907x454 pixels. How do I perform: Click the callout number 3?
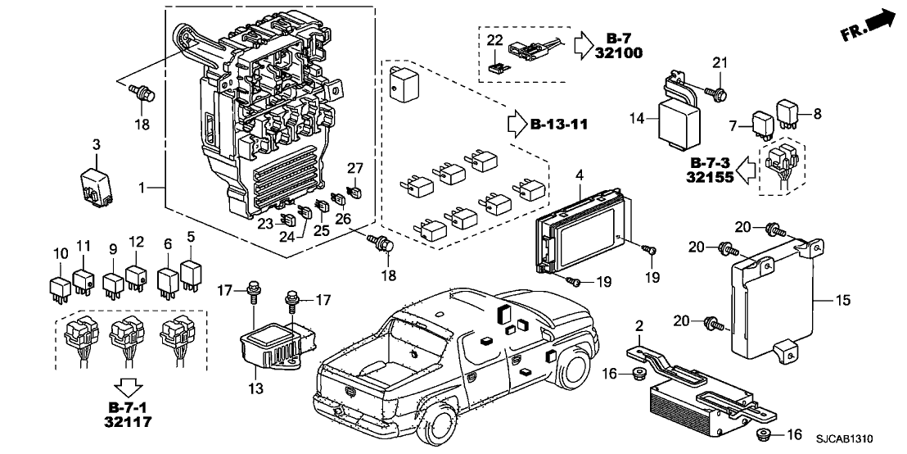[96, 145]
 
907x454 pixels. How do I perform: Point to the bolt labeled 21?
[718, 93]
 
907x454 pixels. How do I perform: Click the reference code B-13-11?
[559, 125]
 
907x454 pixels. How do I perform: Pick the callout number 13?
[256, 387]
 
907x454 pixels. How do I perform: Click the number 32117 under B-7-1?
[125, 423]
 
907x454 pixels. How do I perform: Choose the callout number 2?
[639, 325]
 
